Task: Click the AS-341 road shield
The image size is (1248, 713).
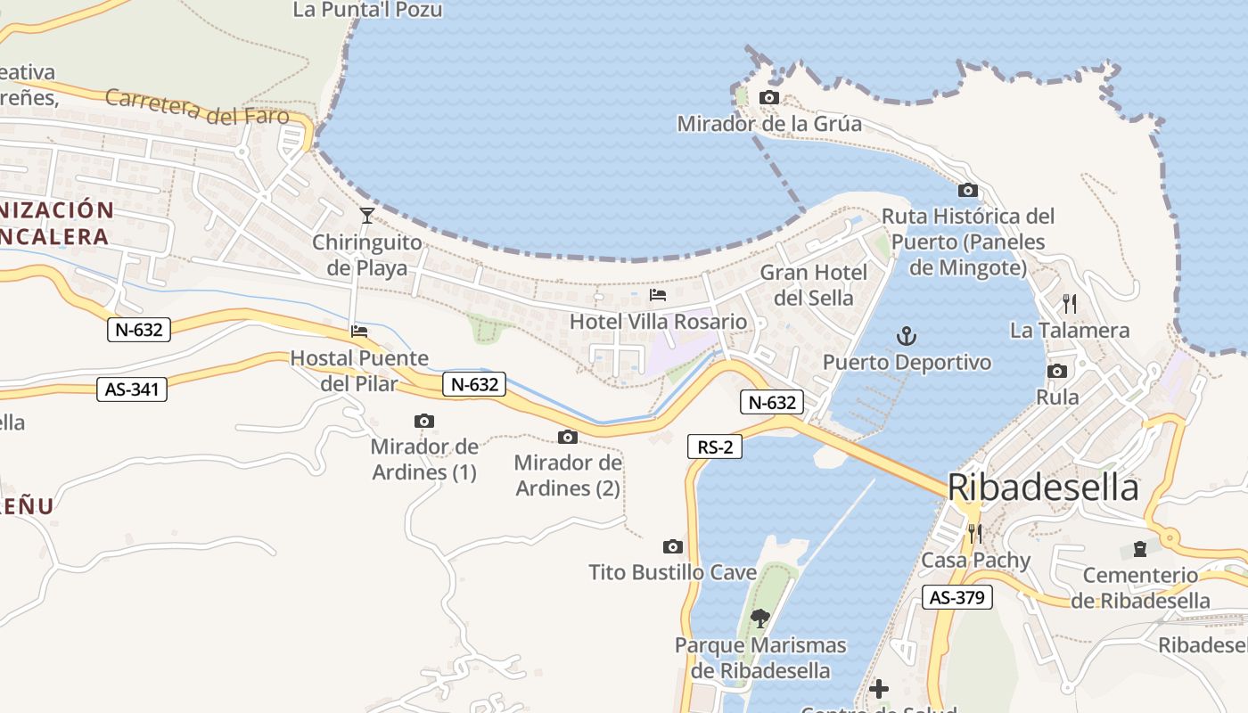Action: (132, 389)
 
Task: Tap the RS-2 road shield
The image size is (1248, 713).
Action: (715, 447)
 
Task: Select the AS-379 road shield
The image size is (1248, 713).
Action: (957, 597)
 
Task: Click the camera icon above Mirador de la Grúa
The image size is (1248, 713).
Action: (768, 97)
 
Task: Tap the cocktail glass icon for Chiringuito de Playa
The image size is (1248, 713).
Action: (366, 215)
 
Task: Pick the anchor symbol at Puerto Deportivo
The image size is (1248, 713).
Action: (906, 336)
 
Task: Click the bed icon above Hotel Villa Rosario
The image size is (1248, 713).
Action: (658, 294)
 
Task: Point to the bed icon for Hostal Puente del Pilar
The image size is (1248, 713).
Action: (359, 331)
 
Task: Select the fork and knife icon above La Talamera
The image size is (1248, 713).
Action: (1070, 304)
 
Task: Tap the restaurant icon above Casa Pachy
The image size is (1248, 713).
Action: (974, 533)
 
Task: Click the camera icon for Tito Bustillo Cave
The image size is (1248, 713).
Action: (673, 546)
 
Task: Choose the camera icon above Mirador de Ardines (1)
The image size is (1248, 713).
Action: (424, 421)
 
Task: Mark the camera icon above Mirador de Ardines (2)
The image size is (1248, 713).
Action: (567, 437)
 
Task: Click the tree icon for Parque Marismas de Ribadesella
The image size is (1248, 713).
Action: (760, 618)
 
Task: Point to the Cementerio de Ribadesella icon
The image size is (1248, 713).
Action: (1139, 548)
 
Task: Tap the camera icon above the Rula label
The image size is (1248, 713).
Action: (1057, 371)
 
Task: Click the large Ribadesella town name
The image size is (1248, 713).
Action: (1043, 488)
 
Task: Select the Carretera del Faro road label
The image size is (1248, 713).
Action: (198, 107)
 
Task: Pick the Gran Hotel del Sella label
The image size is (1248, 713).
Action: (813, 285)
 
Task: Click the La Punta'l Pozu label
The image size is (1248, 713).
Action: (367, 10)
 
